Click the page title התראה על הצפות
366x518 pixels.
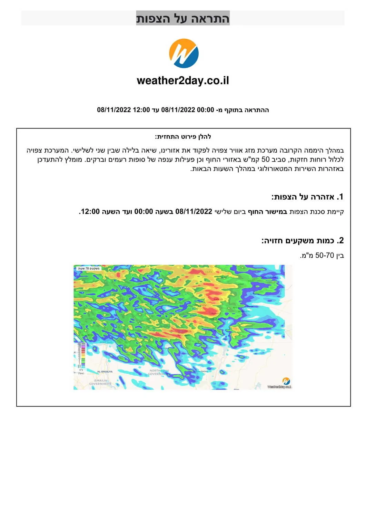[x=183, y=18]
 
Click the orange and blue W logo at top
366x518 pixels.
[x=184, y=53]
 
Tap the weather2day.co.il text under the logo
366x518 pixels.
[x=183, y=80]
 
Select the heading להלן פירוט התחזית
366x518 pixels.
[x=183, y=137]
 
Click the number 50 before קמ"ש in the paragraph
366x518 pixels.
[x=265, y=160]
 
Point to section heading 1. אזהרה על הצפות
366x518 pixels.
[x=307, y=197]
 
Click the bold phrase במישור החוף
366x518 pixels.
[x=268, y=211]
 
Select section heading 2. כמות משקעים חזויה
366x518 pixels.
[x=303, y=240]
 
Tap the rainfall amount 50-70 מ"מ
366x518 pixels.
[x=322, y=256]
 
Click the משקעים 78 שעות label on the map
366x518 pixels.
[x=89, y=268]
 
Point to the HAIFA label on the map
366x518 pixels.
[x=209, y=272]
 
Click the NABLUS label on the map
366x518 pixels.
[x=218, y=299]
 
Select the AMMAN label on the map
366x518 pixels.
[x=244, y=311]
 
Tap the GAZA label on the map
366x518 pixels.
[x=188, y=331]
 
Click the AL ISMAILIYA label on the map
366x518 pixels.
[x=105, y=372]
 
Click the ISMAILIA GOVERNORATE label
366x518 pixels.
[x=100, y=382]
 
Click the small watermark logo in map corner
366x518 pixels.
[x=286, y=381]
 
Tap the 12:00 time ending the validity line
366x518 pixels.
[x=141, y=110]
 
